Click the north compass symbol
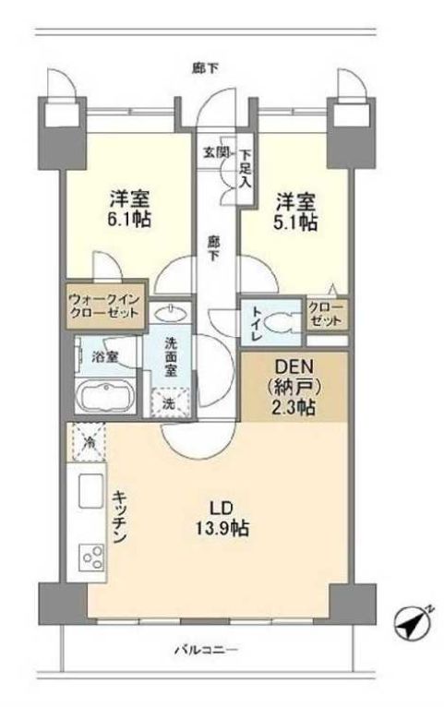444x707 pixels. (413, 624)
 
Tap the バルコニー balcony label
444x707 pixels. (206, 650)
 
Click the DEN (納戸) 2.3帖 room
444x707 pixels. (294, 387)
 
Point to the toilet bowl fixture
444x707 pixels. (281, 323)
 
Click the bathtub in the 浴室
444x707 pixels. (104, 399)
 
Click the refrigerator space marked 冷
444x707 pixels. (89, 442)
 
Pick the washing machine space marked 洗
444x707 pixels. (169, 402)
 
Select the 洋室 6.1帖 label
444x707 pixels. (130, 209)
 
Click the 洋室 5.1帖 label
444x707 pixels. (295, 211)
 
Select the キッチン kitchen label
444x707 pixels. (119, 517)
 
